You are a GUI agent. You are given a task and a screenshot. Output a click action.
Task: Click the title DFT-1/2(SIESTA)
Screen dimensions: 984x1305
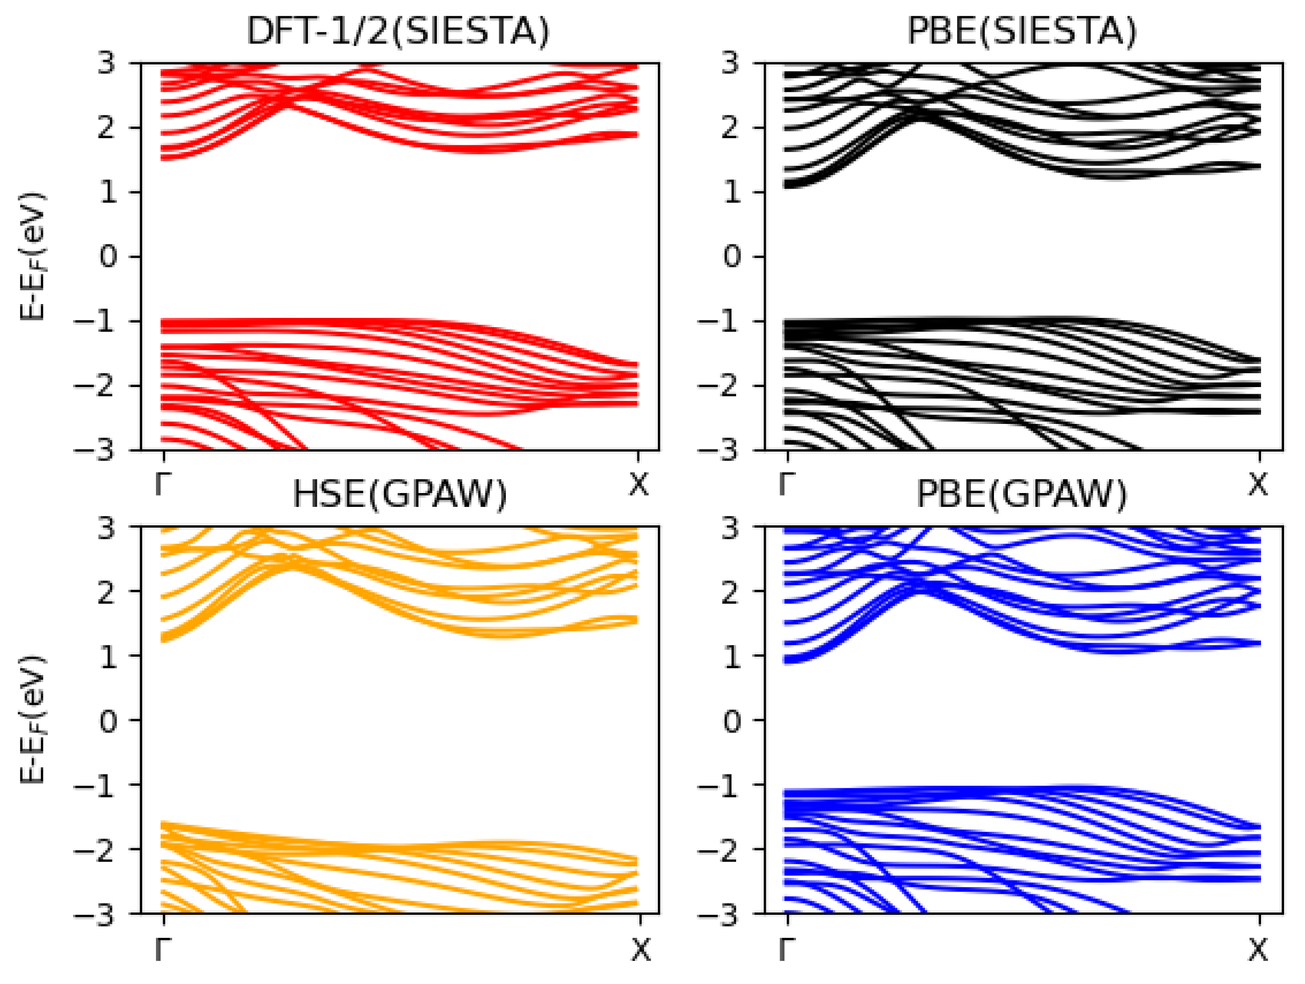click(397, 31)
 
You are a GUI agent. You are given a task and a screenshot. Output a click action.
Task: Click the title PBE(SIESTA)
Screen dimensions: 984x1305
click(1021, 31)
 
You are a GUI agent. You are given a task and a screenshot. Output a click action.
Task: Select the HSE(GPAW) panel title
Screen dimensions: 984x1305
click(400, 494)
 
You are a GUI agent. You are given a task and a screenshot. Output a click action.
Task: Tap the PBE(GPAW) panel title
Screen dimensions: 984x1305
click(1021, 494)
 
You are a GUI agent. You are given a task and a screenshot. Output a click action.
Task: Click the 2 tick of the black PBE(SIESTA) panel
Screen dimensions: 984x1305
click(732, 127)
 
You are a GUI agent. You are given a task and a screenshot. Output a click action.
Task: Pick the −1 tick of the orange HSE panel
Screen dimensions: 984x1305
click(95, 784)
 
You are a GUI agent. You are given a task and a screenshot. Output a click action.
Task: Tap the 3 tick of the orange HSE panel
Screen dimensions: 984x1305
click(108, 527)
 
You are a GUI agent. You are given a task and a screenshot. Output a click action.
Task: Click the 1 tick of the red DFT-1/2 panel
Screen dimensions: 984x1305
click(108, 192)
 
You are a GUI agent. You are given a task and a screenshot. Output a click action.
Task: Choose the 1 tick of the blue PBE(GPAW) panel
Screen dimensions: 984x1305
click(732, 656)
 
